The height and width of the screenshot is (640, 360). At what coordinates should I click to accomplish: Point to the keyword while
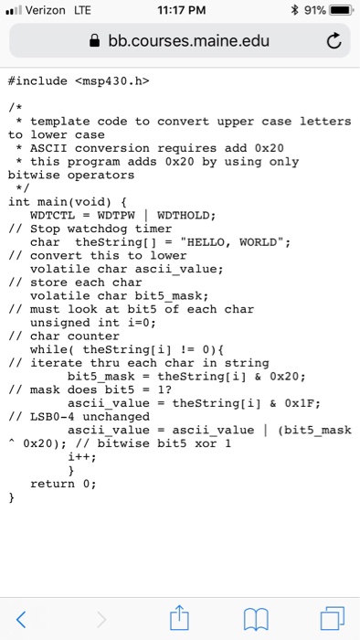pyautogui.click(x=48, y=348)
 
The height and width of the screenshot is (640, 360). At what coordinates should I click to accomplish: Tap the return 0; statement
pyautogui.click(x=62, y=483)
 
